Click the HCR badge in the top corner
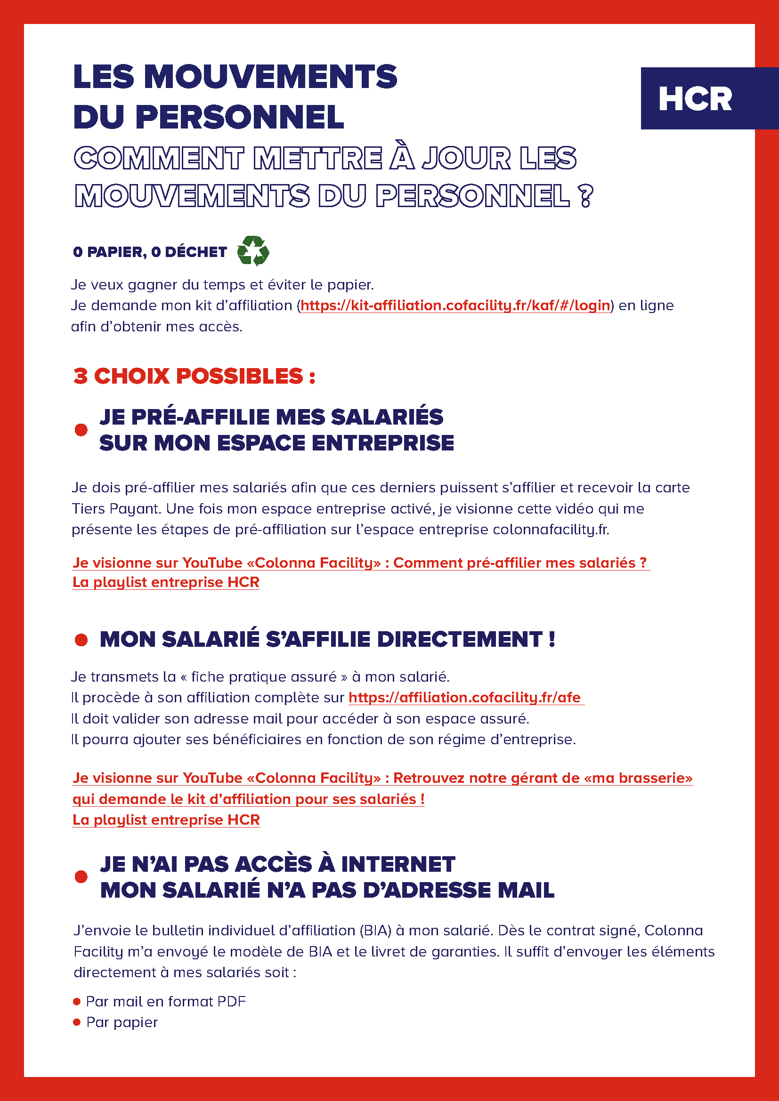click(695, 99)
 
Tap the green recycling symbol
click(253, 251)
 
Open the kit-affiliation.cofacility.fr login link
click(455, 305)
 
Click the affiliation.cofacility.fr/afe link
click(465, 697)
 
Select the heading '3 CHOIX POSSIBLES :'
click(194, 376)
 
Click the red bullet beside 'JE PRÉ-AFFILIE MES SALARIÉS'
click(81, 430)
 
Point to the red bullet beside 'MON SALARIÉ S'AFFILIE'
click(81, 639)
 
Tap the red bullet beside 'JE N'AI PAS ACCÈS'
click(81, 876)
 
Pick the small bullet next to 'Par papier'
click(77, 1022)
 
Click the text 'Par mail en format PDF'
click(165, 1002)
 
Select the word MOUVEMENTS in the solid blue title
click(270, 77)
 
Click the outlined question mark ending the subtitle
click(585, 197)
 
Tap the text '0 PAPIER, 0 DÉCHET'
click(150, 252)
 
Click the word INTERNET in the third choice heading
click(398, 864)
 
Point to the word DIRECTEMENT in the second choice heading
click(460, 639)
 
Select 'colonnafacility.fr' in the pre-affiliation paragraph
click(551, 530)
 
